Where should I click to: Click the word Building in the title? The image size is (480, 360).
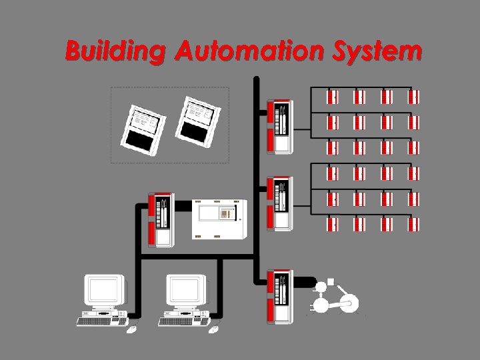point(113,51)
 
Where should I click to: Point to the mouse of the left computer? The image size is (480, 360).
point(132,328)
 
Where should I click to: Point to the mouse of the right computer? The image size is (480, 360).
point(213,328)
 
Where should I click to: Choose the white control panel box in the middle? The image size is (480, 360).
point(219,219)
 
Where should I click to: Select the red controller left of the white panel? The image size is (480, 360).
point(160,220)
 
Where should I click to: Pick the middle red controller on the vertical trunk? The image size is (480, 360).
point(278,203)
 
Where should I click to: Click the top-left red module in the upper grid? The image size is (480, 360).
point(332,97)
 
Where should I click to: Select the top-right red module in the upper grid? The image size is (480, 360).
point(413,97)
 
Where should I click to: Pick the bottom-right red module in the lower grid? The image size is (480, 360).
point(413,225)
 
